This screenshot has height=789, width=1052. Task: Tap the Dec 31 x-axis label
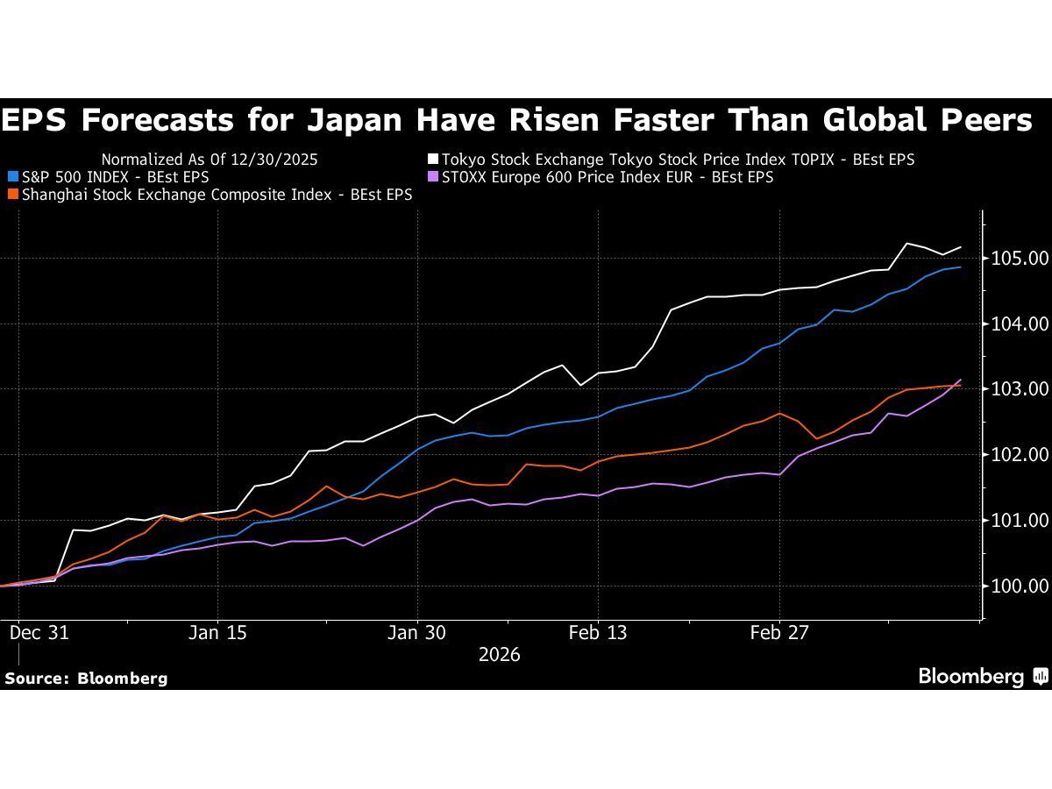click(x=39, y=633)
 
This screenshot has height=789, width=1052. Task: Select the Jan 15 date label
click(x=217, y=633)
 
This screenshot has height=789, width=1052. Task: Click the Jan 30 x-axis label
click(x=417, y=633)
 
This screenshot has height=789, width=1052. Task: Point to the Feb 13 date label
click(x=597, y=633)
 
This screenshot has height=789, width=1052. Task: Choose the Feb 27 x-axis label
click(x=779, y=633)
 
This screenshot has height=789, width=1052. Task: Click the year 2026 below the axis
click(x=499, y=655)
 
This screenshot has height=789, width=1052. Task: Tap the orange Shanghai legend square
click(x=11, y=195)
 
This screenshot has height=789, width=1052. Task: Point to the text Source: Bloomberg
click(x=86, y=678)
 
